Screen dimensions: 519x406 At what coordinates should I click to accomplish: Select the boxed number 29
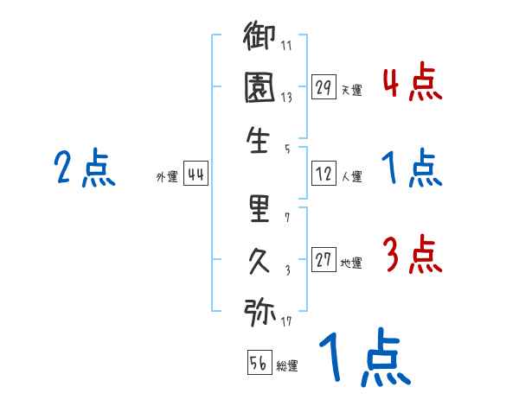[324, 86]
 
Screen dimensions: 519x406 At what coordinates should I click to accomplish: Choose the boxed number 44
[195, 175]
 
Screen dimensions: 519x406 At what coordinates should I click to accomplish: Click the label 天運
[351, 89]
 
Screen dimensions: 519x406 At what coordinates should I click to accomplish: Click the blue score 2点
[84, 168]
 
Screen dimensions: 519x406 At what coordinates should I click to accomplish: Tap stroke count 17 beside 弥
[286, 322]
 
